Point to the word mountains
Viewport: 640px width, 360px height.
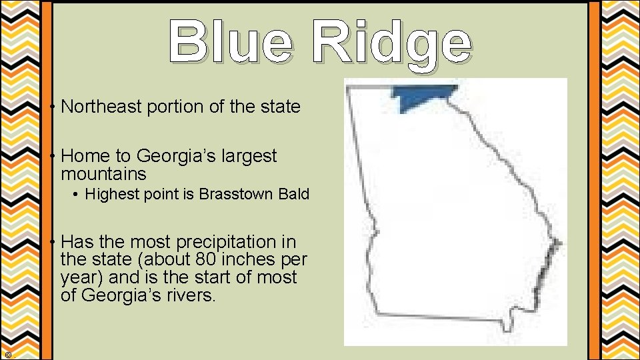pyautogui.click(x=103, y=175)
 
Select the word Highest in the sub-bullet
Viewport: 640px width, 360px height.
pyautogui.click(x=108, y=195)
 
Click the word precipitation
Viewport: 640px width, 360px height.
pyautogui.click(x=220, y=242)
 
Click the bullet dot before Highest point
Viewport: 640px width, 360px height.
pyautogui.click(x=77, y=195)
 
